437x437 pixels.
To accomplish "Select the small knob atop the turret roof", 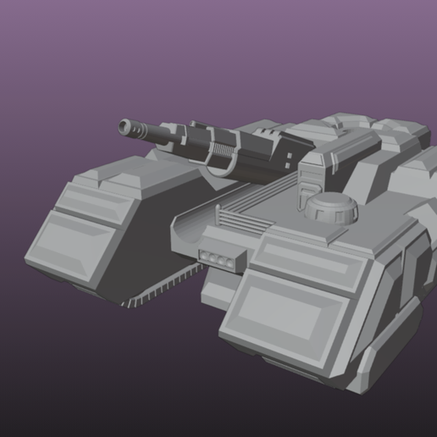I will click(x=339, y=127).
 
